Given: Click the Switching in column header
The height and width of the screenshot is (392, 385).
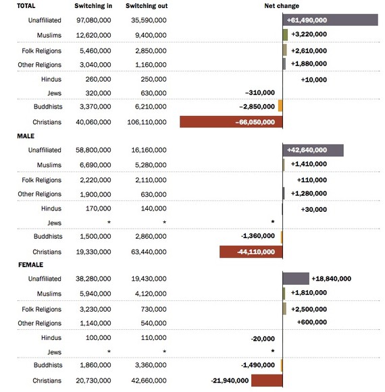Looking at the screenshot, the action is (93, 6).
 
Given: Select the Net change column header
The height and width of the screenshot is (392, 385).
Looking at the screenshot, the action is (282, 6).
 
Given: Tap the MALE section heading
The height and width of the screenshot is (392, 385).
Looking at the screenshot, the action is (26, 136).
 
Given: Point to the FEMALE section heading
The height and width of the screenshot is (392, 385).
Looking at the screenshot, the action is (30, 264).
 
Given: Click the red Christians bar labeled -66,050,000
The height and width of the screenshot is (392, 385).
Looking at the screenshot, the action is (231, 121).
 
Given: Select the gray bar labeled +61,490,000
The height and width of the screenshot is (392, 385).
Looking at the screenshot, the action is (330, 20).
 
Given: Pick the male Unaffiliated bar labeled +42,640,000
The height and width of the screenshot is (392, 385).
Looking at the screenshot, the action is (313, 150).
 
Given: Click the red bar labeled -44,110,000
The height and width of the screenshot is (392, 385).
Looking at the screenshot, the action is (251, 252).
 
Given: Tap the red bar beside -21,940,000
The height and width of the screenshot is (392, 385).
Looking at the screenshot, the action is (267, 381).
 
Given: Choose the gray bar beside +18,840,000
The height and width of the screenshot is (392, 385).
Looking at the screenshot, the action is (296, 279).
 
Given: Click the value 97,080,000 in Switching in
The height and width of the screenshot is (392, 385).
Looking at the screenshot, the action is (94, 20).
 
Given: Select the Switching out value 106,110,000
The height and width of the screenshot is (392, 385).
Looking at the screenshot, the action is (147, 122).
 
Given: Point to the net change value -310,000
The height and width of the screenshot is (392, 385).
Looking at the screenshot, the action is (260, 92).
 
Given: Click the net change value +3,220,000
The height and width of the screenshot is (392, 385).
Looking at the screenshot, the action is (309, 34).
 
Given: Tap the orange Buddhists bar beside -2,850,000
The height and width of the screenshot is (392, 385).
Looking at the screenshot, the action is (280, 106).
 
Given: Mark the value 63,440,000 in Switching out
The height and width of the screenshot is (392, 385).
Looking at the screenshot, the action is (149, 252).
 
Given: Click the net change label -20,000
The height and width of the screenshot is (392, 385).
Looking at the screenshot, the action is (263, 339).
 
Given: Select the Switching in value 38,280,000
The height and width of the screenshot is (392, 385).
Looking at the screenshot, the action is (93, 279).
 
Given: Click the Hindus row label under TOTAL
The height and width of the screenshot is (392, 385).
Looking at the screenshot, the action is (51, 79).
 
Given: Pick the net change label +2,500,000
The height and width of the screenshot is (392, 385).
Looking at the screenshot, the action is (309, 309).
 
